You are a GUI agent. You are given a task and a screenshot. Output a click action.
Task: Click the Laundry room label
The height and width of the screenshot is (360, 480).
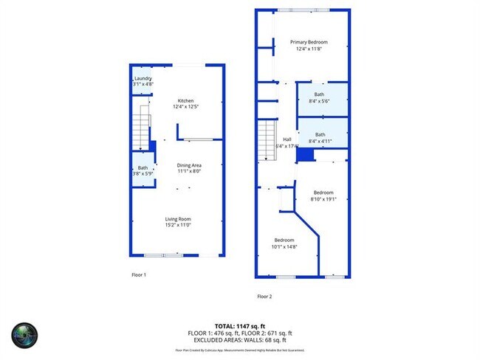[x=143, y=78]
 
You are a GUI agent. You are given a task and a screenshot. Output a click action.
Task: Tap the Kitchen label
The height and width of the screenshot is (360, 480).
[x=185, y=100]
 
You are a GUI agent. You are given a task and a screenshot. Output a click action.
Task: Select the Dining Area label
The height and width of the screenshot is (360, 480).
[x=189, y=165]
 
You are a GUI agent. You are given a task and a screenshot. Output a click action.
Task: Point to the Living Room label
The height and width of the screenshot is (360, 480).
[x=178, y=218]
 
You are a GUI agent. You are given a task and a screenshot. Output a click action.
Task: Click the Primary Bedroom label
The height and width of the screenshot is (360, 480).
[x=309, y=42]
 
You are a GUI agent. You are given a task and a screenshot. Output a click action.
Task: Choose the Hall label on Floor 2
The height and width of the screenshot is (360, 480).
[x=287, y=139]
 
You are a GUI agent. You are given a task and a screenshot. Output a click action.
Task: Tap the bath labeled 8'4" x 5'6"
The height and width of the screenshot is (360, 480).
[x=319, y=94]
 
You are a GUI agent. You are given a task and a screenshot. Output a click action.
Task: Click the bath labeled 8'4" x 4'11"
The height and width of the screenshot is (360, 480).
[x=319, y=134]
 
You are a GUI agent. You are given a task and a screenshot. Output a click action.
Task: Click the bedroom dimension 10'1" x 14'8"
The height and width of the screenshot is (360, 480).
[x=284, y=246]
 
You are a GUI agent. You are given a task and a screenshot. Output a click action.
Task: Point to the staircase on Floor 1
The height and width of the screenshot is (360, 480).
[x=141, y=125]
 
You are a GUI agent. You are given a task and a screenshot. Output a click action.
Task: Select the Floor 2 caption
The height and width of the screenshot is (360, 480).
[x=264, y=297]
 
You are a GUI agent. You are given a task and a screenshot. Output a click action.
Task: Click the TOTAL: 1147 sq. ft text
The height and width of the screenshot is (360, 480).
[x=240, y=325]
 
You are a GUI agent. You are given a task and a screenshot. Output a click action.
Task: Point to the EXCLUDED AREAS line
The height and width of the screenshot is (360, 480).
[x=240, y=339]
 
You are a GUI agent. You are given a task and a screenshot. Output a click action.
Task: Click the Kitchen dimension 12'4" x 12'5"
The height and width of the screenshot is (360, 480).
[x=185, y=107]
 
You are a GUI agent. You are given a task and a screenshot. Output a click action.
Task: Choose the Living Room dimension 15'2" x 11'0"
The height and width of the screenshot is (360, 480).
[x=178, y=225]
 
